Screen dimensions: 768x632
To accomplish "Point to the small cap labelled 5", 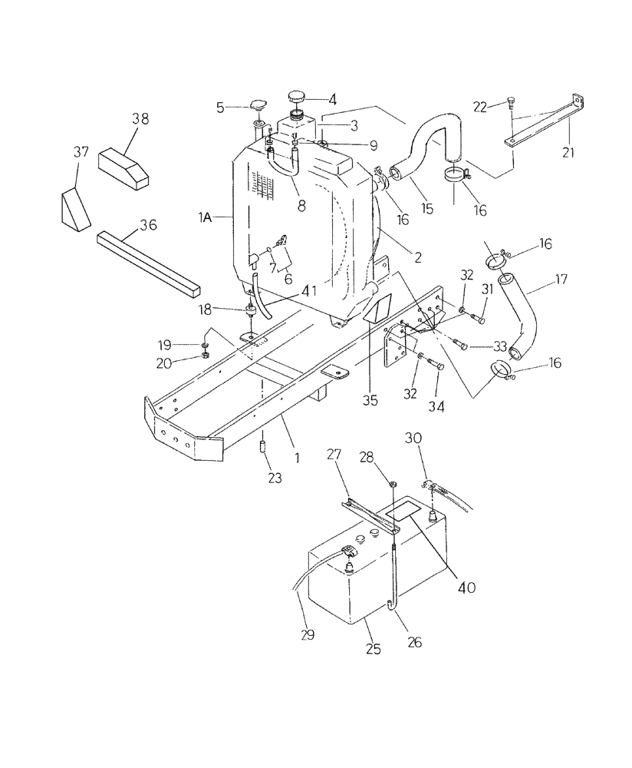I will (x=258, y=107).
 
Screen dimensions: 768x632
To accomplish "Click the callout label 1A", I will (x=205, y=219).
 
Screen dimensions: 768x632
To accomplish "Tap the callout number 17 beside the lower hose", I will (x=562, y=280).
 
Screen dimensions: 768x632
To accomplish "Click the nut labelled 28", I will (x=391, y=484).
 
